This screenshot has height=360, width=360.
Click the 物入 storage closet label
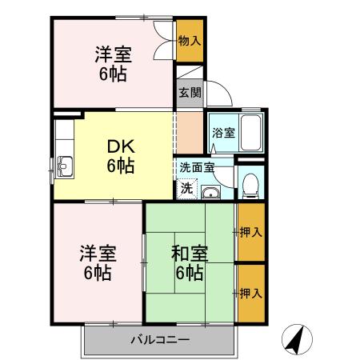pos(190,41)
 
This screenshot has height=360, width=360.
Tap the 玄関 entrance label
pos(190,93)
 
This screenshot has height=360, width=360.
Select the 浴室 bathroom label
pos(223,133)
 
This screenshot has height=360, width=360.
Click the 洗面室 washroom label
pos(197,169)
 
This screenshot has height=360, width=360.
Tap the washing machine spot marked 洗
pos(186,190)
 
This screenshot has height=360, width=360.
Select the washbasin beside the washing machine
pos(211,192)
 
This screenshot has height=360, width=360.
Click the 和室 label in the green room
pos(189,254)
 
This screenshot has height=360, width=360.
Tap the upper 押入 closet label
pos(250,233)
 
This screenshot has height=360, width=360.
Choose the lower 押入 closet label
pos(250,294)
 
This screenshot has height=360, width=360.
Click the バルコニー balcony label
pos(160,340)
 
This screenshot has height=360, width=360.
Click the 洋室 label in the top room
pos(113,55)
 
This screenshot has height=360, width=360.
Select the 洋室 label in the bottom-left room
pos(97,254)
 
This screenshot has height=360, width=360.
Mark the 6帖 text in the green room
pos(189,273)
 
